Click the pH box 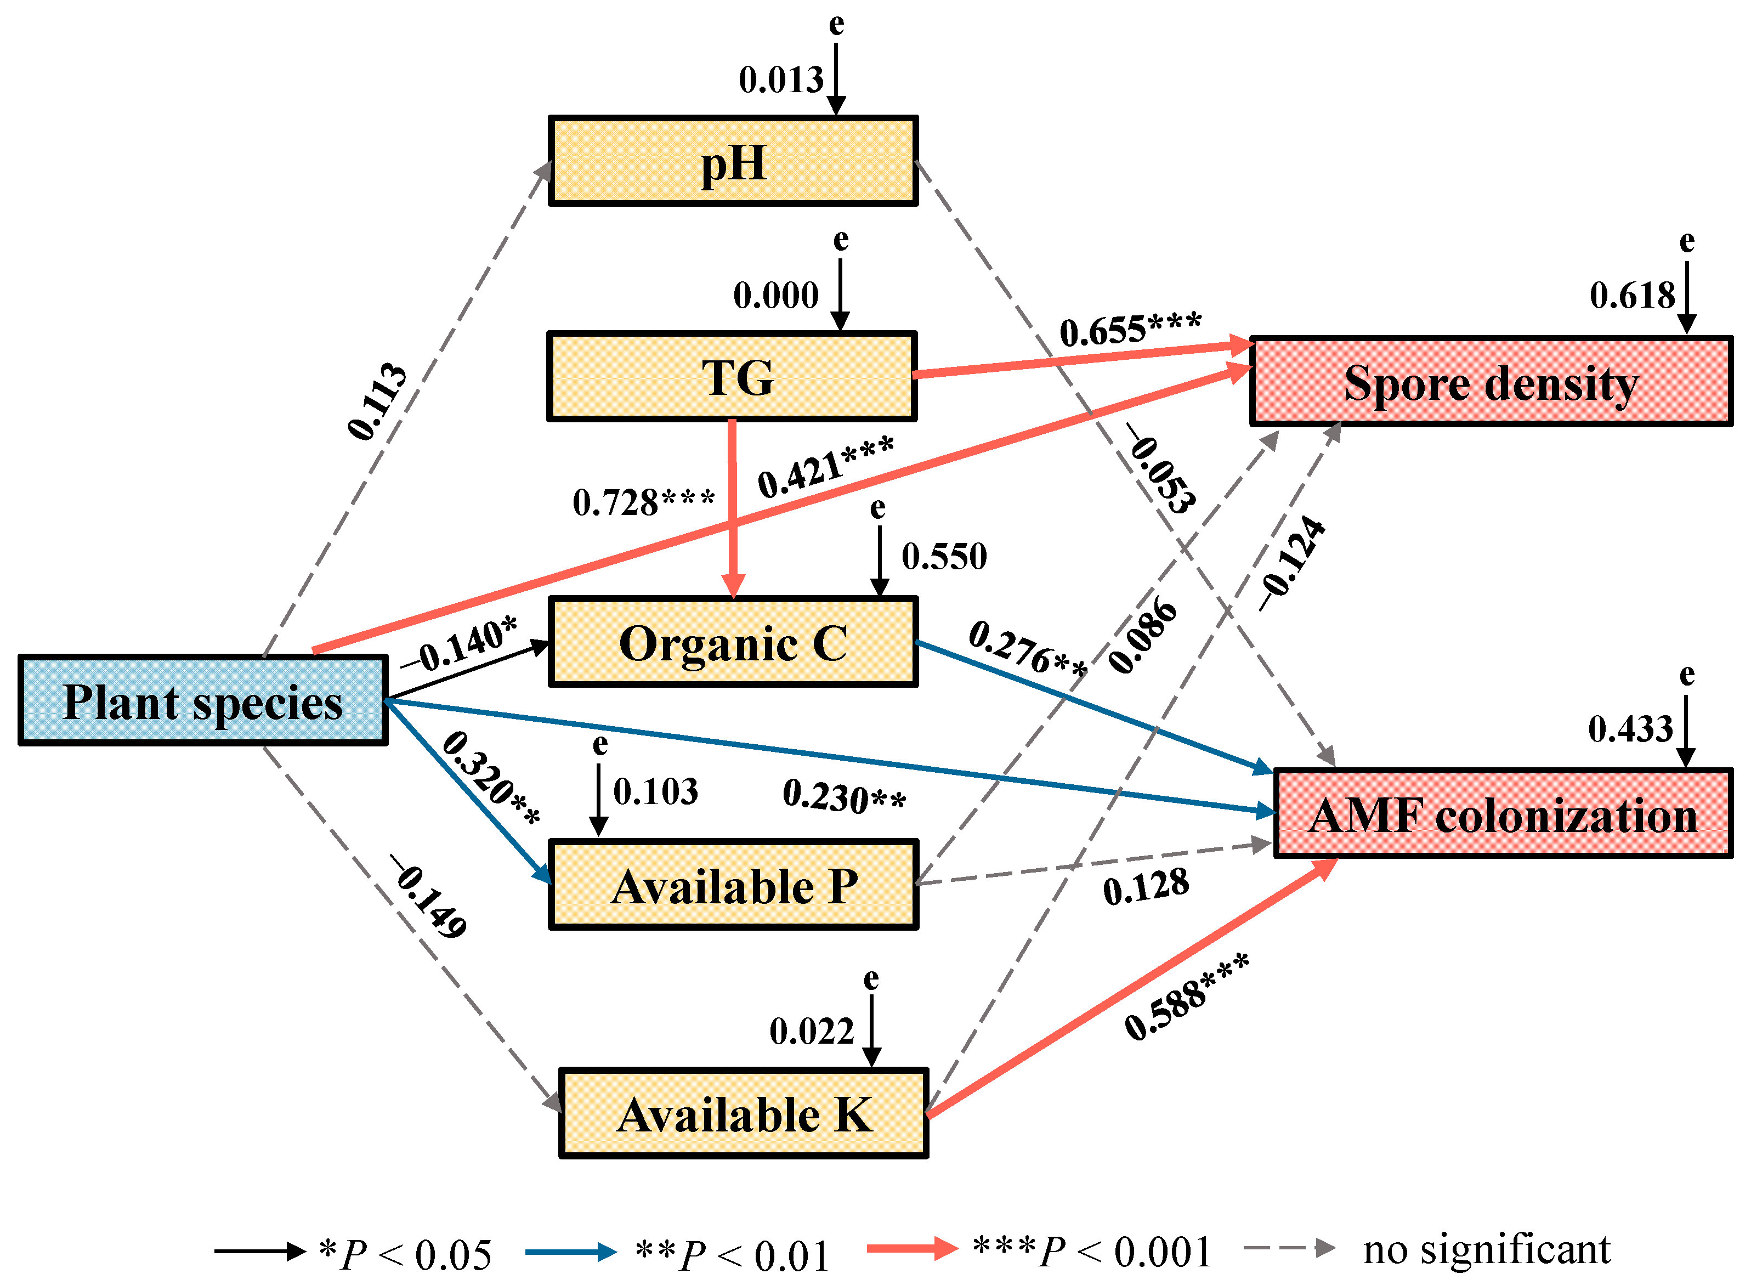pyautogui.click(x=733, y=161)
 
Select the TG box pyautogui.click(x=731, y=376)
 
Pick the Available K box pyautogui.click(x=743, y=1113)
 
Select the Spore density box pyautogui.click(x=1491, y=382)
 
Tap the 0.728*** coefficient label pyautogui.click(x=643, y=502)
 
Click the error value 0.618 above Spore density pyautogui.click(x=1631, y=296)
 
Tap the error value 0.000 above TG pyautogui.click(x=775, y=296)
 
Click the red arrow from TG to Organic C pyautogui.click(x=732, y=506)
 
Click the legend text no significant pyautogui.click(x=1486, y=1250)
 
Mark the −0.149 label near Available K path pyautogui.click(x=429, y=897)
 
